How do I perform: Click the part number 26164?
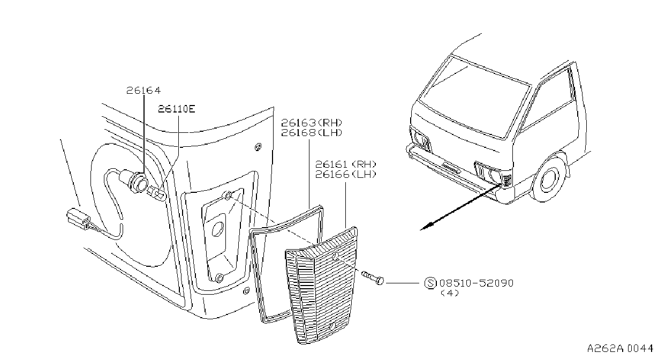pos(143,90)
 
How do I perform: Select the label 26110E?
pos(177,109)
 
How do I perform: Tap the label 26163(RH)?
pos(312,122)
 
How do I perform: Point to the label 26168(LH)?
pos(312,132)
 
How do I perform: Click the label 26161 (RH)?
pos(346,164)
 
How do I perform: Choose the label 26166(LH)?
pos(346,174)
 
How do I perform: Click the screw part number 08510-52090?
pos(476,283)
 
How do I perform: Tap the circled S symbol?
pos(430,283)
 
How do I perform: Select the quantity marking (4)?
pos(450,293)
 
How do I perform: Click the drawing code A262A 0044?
pos(620,348)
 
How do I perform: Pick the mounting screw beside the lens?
pos(373,277)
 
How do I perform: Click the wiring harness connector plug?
pos(78,219)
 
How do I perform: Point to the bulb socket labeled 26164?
pos(138,182)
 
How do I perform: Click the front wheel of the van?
pos(549,178)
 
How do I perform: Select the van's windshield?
pos(475,96)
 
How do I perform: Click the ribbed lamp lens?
pos(322,286)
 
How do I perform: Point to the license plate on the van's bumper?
pos(449,168)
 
